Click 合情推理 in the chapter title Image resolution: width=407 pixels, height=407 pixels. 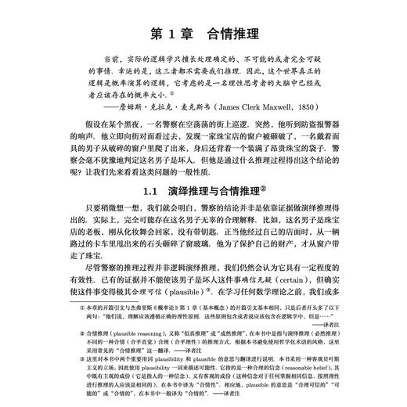236,34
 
